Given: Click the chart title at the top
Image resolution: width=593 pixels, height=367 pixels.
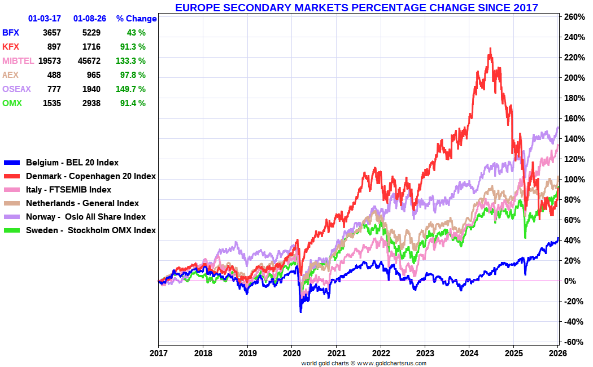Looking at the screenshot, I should (356, 7).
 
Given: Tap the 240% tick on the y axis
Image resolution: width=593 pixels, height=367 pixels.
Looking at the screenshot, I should (573, 37).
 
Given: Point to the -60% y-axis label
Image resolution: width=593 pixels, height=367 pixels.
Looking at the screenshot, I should (573, 342).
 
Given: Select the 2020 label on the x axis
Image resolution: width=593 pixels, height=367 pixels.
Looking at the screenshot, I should (291, 353).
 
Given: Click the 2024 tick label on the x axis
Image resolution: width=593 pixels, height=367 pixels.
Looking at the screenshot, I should (469, 353).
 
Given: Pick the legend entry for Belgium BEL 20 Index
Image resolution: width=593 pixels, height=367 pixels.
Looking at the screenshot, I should (72, 163).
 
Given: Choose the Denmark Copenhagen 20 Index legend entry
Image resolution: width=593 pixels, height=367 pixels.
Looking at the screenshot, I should (90, 176).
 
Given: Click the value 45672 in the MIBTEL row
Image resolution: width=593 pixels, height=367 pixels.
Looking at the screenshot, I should (89, 60).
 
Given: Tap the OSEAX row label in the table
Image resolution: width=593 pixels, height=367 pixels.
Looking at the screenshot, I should (16, 89).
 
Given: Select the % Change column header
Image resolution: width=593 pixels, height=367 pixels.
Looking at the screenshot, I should (136, 19).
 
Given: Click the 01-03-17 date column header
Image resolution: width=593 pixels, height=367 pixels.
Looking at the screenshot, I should (44, 19).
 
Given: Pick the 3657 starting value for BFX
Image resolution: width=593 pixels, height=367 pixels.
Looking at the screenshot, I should (51, 32).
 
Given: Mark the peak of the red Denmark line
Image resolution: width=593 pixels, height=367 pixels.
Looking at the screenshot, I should (490, 49).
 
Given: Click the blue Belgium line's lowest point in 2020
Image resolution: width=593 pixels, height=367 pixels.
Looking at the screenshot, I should (300, 311).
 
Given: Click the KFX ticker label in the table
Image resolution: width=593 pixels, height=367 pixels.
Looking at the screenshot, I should (10, 46).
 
